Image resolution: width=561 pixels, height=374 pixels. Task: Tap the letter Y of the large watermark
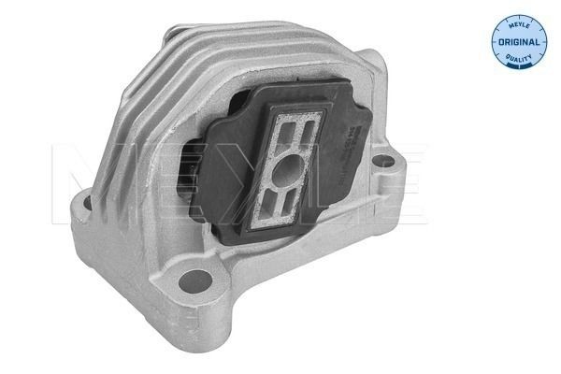click(234, 178)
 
